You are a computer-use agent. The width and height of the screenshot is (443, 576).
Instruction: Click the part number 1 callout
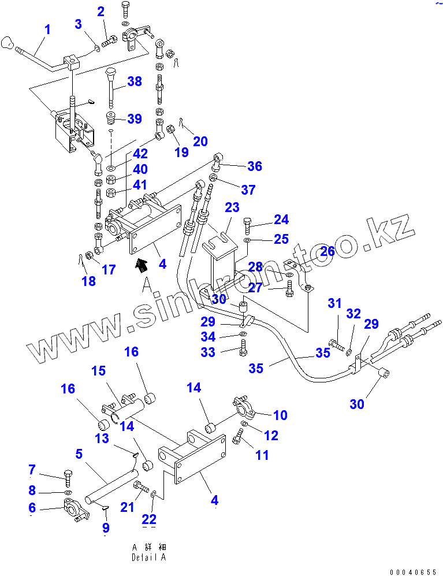click(x=47, y=29)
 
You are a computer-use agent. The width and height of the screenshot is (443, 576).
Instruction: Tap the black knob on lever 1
click(x=8, y=42)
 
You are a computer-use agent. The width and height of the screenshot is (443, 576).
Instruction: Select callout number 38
click(x=134, y=81)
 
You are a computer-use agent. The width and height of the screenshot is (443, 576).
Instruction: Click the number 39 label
click(x=134, y=119)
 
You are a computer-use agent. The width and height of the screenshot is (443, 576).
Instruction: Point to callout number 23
click(x=232, y=207)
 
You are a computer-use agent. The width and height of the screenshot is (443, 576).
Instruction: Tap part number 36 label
click(x=255, y=166)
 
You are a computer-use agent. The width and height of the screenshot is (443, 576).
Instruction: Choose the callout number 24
click(x=281, y=220)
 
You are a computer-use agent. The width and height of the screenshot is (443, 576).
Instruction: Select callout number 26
click(x=327, y=251)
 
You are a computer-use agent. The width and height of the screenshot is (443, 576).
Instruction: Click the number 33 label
click(x=208, y=352)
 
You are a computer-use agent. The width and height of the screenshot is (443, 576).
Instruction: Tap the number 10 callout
click(x=280, y=415)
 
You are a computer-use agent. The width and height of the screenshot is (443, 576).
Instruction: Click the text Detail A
click(x=148, y=558)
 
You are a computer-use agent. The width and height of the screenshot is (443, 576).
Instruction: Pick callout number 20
click(x=200, y=141)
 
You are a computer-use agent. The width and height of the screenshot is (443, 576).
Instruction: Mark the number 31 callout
click(x=335, y=303)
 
